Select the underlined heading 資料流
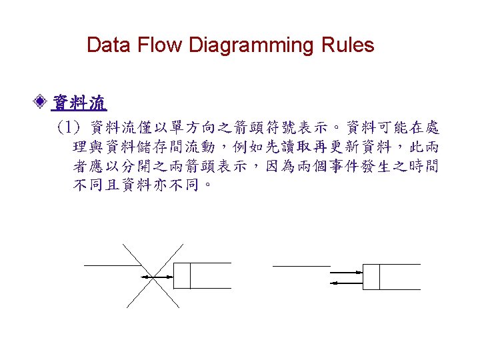click(x=79, y=103)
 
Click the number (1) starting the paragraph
click(x=69, y=127)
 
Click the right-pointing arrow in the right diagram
click(x=347, y=272)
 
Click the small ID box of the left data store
click(x=181, y=276)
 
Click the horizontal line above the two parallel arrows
click(x=301, y=266)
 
